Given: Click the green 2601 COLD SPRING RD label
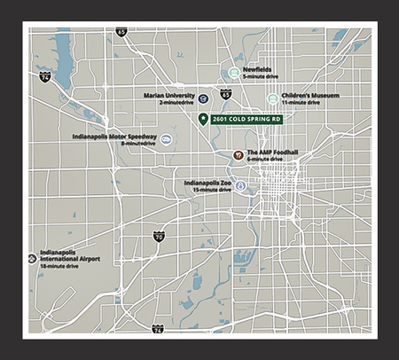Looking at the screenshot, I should pos(247,119).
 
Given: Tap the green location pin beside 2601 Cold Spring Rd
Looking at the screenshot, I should pos(204,119).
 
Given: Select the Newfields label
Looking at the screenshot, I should pos(257,69).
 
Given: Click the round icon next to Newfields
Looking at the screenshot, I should pos(233,72).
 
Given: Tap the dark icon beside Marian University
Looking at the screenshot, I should pos(204,98).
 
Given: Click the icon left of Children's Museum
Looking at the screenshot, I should pos(272,98).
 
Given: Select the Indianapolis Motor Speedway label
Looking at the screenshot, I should pos(114,137).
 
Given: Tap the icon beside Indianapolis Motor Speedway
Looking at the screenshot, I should pos(165,139).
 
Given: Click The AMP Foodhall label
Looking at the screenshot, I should pos(271,152).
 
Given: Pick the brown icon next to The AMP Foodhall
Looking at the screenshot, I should pos(238,155).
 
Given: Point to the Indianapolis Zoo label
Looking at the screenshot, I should pos(208,183).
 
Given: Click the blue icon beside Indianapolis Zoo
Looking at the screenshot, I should pos(241,186).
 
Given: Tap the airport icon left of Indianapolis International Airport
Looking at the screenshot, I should pos(32,258).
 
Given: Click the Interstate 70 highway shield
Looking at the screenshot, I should pos(159,236).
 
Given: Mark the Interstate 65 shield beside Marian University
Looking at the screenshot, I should pos(226,93).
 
